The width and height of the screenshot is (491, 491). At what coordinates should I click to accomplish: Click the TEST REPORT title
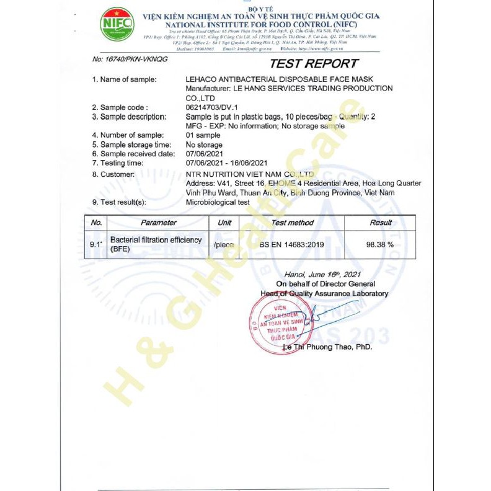tap(314, 63)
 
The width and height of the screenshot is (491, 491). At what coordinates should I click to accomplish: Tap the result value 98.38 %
tap(380, 244)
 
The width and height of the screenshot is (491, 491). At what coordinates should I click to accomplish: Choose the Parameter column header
tap(158, 223)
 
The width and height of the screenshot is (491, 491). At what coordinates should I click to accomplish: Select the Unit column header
tap(224, 223)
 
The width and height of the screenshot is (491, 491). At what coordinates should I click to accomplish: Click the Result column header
tap(381, 223)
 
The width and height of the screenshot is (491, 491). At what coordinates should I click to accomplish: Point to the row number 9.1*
tap(95, 244)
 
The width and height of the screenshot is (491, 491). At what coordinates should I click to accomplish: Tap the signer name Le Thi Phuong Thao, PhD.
tap(327, 347)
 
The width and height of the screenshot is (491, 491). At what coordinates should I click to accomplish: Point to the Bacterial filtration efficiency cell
tap(156, 244)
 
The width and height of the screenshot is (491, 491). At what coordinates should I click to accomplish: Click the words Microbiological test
tap(218, 201)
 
